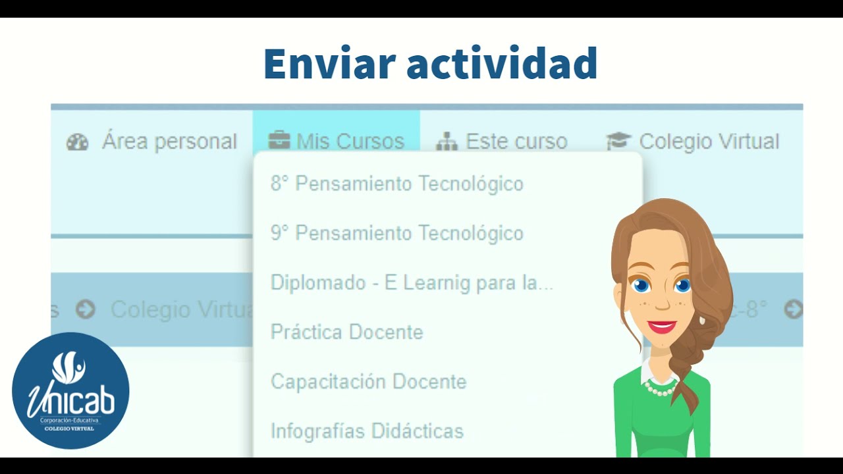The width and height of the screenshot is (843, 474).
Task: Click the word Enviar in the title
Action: click(329, 64)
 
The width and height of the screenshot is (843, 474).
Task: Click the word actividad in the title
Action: click(502, 64)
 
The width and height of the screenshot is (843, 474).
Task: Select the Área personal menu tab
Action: click(169, 142)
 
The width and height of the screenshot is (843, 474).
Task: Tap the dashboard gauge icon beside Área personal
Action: click(77, 142)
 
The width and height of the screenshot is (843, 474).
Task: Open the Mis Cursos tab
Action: click(350, 142)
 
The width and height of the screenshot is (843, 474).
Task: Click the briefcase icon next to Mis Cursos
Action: click(279, 142)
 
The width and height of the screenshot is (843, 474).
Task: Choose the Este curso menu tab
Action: click(516, 142)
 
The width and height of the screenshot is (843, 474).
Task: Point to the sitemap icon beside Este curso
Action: click(447, 142)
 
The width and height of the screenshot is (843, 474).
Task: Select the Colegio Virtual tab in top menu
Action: click(709, 142)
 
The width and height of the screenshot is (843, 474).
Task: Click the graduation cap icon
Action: click(618, 142)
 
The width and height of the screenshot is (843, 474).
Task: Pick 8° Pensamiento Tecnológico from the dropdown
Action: click(396, 184)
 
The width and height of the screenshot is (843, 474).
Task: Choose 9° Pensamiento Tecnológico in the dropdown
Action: click(396, 233)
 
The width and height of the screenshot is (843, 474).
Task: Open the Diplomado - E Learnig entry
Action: click(412, 283)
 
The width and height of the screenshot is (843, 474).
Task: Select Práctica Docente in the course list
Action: click(346, 332)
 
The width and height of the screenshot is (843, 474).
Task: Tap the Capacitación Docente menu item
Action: click(368, 382)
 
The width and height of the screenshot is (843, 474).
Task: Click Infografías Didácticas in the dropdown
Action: click(367, 431)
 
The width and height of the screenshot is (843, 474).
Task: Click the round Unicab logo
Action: click(70, 390)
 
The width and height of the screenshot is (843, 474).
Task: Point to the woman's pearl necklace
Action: click(660, 388)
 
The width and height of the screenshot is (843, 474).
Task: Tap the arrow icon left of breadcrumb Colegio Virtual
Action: click(85, 309)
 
